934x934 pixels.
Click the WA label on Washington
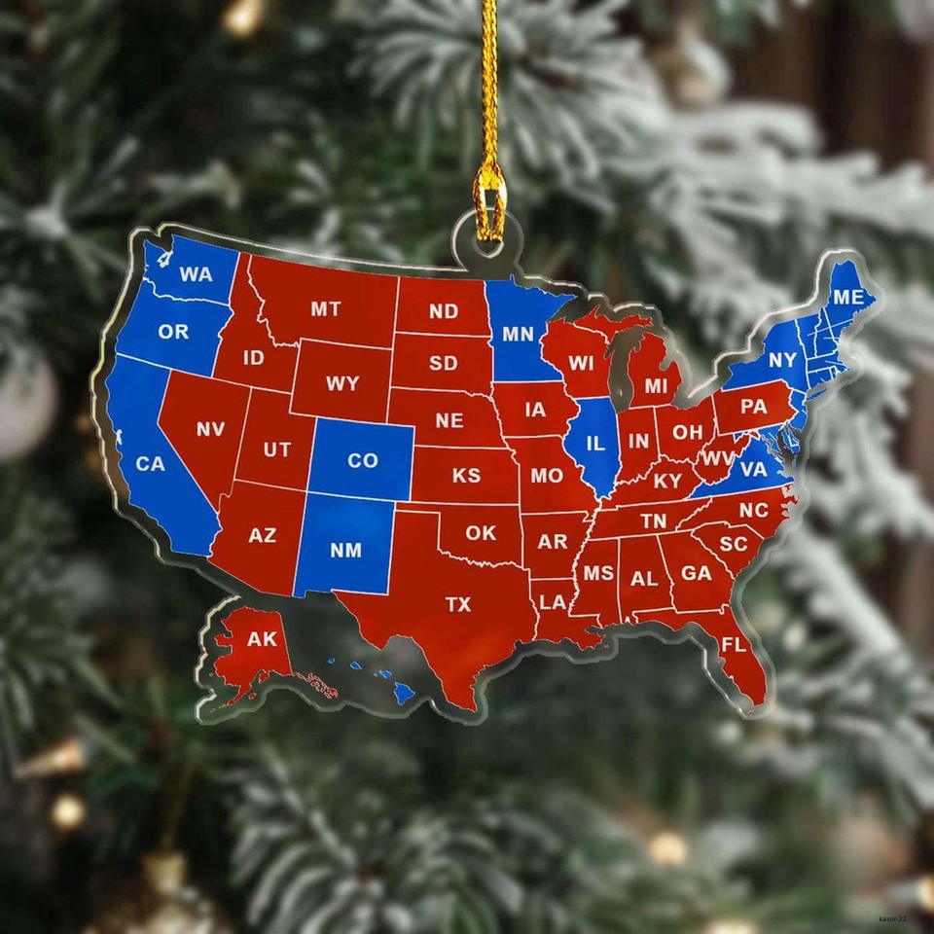196,274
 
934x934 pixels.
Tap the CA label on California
150,464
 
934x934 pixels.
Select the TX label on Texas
458,604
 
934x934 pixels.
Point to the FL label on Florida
734,644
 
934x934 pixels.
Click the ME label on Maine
847,297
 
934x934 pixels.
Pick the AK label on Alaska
262,639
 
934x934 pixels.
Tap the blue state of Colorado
362,460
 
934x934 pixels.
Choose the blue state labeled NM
345,551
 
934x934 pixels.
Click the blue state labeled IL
594,444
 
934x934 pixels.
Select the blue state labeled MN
518,334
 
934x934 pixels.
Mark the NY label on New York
782,361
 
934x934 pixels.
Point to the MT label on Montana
326,308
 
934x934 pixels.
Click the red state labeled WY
342,383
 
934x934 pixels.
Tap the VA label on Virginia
754,470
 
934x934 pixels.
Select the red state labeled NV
210,429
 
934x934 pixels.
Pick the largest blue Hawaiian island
403,693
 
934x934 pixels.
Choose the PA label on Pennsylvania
753,407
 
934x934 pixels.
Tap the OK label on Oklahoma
480,533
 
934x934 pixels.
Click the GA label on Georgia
696,574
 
